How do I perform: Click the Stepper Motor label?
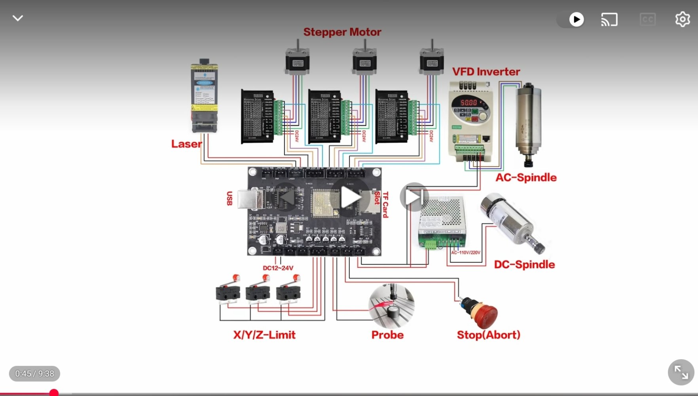[342, 32]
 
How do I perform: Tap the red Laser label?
[186, 144]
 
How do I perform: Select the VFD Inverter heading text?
[486, 72]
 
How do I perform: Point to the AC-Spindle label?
[526, 177]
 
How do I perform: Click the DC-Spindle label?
[524, 265]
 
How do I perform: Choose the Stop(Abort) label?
[488, 335]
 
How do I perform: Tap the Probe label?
[387, 335]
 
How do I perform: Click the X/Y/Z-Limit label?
[264, 335]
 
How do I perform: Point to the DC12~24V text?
[278, 268]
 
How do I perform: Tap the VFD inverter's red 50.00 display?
[468, 103]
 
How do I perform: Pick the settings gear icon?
[682, 19]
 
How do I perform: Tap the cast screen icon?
[609, 19]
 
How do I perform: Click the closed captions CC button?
[647, 19]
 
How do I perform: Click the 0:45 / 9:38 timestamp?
[34, 374]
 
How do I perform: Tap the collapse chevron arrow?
[18, 18]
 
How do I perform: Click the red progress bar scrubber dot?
[54, 393]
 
